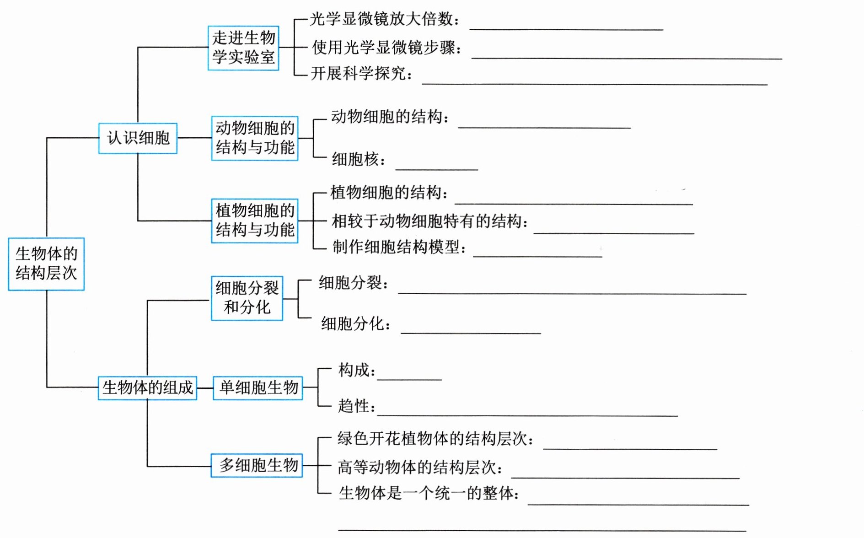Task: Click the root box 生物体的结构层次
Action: tap(46, 264)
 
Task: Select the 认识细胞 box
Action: tap(138, 138)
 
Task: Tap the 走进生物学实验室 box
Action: tap(243, 48)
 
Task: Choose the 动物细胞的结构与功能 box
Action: tap(255, 138)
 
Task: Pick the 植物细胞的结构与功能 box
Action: tap(255, 220)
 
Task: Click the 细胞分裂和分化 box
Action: tap(247, 298)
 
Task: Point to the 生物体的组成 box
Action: tap(147, 387)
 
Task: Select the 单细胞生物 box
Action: tap(258, 387)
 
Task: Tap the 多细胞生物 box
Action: tap(257, 465)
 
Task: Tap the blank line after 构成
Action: tap(409, 378)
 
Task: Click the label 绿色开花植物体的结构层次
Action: tap(435, 439)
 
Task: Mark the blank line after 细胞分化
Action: tap(470, 331)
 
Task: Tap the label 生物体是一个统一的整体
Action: tap(428, 493)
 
